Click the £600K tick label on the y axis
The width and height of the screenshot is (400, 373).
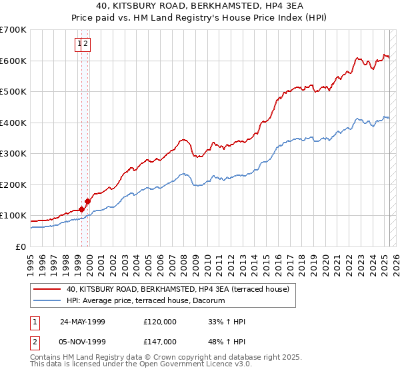[13, 61]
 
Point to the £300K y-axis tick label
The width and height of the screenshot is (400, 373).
[13, 153]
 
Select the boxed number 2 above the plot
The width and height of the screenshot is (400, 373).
[87, 44]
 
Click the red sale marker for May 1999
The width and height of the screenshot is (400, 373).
[81, 209]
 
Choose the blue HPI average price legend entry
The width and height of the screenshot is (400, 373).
[145, 301]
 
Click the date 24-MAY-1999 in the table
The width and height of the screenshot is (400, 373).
[83, 322]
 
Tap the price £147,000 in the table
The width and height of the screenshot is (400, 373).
[160, 341]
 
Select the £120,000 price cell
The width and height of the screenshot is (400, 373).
[160, 322]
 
